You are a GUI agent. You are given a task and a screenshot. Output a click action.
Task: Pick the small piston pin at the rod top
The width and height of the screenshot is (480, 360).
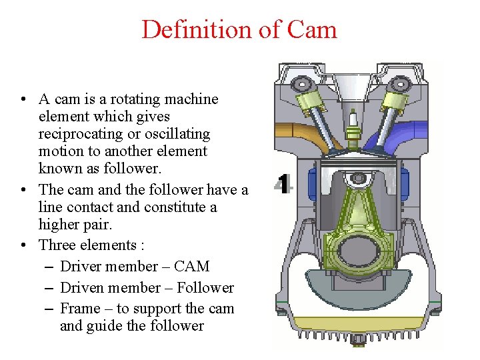click(x=359, y=179)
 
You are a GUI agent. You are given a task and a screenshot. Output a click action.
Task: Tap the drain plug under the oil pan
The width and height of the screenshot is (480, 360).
click(x=359, y=341)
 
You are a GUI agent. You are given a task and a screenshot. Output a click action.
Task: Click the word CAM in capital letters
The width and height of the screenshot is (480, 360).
click(x=191, y=267)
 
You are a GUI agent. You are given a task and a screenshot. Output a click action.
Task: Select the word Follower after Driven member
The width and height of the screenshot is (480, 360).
click(x=205, y=288)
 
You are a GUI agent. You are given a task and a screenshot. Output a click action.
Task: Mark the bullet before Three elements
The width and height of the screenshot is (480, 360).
click(x=24, y=245)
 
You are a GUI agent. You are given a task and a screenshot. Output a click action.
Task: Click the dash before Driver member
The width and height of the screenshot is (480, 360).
click(x=51, y=267)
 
